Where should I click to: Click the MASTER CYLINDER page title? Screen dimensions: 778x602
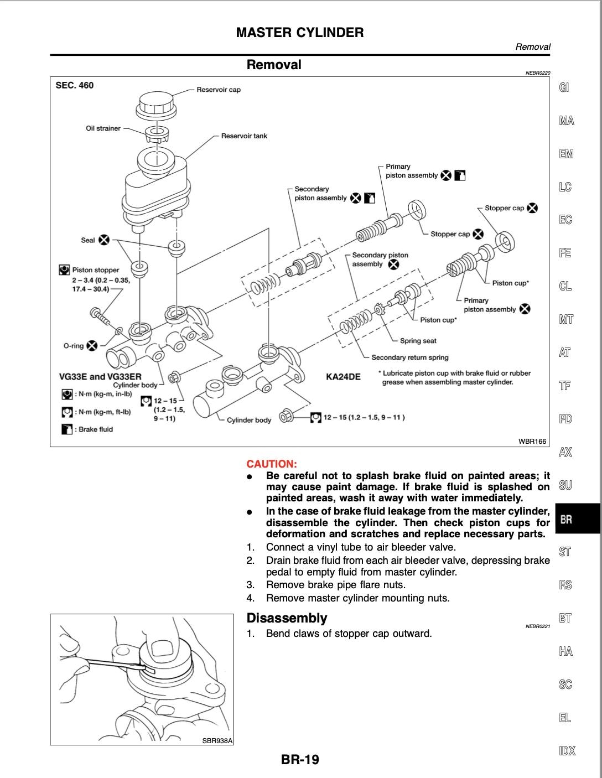pyautogui.click(x=300, y=33)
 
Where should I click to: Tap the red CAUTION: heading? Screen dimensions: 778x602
pyautogui.click(x=272, y=464)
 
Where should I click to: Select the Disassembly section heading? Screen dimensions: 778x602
pyautogui.click(x=287, y=618)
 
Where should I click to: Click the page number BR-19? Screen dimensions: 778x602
pyautogui.click(x=300, y=760)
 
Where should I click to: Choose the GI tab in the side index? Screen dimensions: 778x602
pyautogui.click(x=564, y=87)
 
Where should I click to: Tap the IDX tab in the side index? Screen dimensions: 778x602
pyautogui.click(x=567, y=751)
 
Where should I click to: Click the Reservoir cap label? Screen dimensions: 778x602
pyautogui.click(x=219, y=90)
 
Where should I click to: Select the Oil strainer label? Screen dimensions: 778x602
pyautogui.click(x=103, y=128)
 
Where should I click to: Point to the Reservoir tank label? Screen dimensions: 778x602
pyautogui.click(x=244, y=136)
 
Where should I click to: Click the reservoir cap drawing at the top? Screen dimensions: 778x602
pyautogui.click(x=157, y=103)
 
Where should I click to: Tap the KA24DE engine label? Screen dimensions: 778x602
pyautogui.click(x=343, y=377)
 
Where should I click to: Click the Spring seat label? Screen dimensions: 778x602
pyautogui.click(x=418, y=341)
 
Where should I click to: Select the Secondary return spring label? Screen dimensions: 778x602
pyautogui.click(x=409, y=357)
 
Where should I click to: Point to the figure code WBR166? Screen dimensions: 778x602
pyautogui.click(x=532, y=441)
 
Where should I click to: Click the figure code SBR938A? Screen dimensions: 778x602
pyautogui.click(x=217, y=740)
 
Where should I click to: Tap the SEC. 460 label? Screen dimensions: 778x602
pyautogui.click(x=75, y=85)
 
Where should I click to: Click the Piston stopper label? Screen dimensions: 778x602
pyautogui.click(x=95, y=270)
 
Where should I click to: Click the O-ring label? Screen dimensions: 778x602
pyautogui.click(x=73, y=346)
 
